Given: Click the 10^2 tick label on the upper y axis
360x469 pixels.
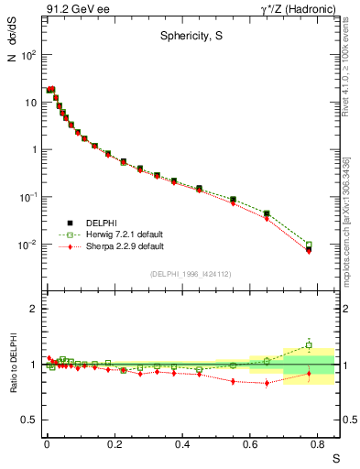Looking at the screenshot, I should (27, 55).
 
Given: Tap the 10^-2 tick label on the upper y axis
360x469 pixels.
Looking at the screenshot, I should (27, 245).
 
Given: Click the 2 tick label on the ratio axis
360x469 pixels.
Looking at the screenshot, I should (33, 309).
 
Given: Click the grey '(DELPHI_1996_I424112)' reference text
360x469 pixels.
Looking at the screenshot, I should (191, 274).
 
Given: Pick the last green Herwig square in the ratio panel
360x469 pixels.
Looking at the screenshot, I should (309, 345).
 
